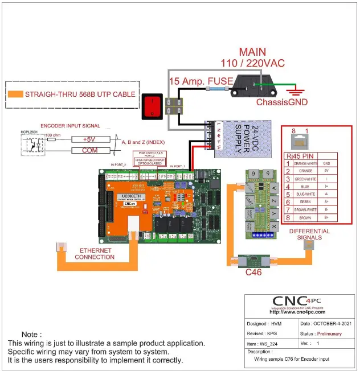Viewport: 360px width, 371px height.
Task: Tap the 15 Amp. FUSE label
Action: pos(201,81)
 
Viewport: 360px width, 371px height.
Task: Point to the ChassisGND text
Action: pos(281,102)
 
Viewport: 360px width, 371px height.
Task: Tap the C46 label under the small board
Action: pos(253,272)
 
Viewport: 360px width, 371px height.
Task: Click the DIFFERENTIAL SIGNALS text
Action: pos(309,234)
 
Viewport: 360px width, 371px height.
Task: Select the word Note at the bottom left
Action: pos(31,334)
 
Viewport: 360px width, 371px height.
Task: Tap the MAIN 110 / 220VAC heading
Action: pos(252,57)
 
